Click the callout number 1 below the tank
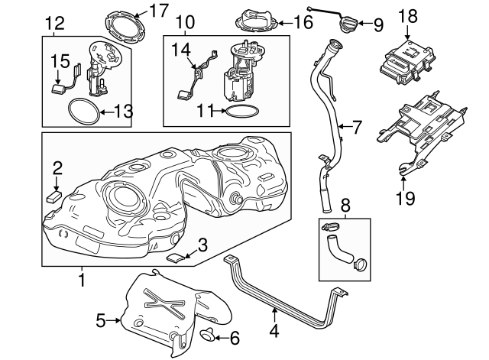point(82,281)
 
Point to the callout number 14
point(180,49)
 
